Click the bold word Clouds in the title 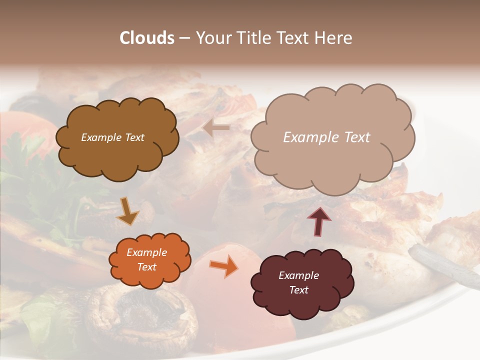click(147, 38)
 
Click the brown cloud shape click(117, 155)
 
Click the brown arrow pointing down click(129, 210)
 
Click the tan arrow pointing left click(216, 128)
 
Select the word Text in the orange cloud click(147, 267)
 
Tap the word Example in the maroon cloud click(298, 275)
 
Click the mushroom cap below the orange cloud click(142, 315)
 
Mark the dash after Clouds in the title click(184, 38)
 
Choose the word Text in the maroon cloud click(298, 290)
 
